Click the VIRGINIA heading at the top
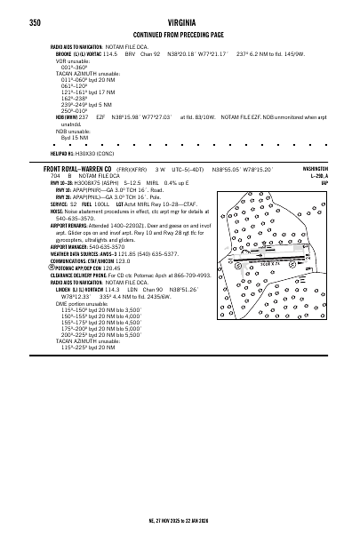pos(180,22)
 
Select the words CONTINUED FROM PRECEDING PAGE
pos(180,34)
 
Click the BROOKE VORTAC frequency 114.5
pos(112,53)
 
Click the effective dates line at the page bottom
pos(180,520)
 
